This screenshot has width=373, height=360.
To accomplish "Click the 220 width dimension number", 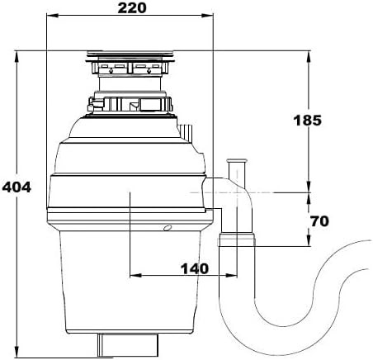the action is pos(132,8).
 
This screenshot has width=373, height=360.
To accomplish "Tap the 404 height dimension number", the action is pos(17,187).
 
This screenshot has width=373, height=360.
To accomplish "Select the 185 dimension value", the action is pos(307,121).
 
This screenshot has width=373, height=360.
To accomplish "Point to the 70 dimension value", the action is pos(319,221).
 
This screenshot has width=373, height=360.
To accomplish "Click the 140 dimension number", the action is pos(195,268).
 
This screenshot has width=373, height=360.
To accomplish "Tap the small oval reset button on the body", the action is pos(168,228).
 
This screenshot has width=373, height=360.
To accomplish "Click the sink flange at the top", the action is pos(130,54).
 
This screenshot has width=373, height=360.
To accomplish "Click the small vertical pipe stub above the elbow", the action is pos(236,172).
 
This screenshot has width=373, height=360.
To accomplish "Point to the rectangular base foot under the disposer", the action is pos(128,345).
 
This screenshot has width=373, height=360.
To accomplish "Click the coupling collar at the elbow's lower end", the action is pos(237,239).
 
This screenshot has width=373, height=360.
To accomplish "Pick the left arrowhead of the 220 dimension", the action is pos(52,16).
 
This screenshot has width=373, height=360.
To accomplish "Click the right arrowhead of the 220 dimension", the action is pos(207,16).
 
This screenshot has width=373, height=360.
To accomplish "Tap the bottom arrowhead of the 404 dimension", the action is pos(17,352).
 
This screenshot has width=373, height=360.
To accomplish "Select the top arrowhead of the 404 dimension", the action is pos(17,57).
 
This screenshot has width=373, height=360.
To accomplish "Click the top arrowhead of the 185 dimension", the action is pos(309,57).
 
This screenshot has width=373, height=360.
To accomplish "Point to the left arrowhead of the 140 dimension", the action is pos(135,275).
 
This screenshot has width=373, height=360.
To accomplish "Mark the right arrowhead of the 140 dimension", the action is pos(231,275).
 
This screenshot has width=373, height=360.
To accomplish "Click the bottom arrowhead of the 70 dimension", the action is pos(309,240).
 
